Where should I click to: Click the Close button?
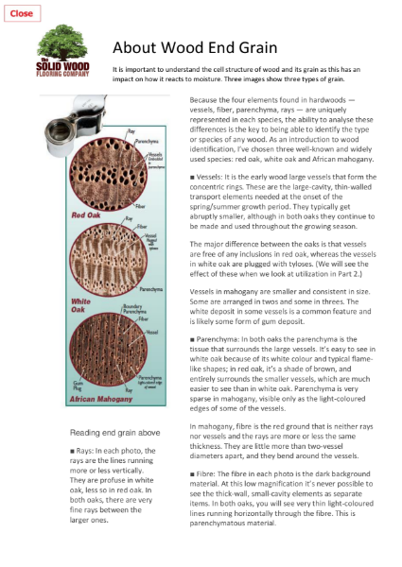click(x=21, y=13)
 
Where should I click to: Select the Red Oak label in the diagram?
click(x=86, y=215)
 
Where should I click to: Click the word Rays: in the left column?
click(x=91, y=452)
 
